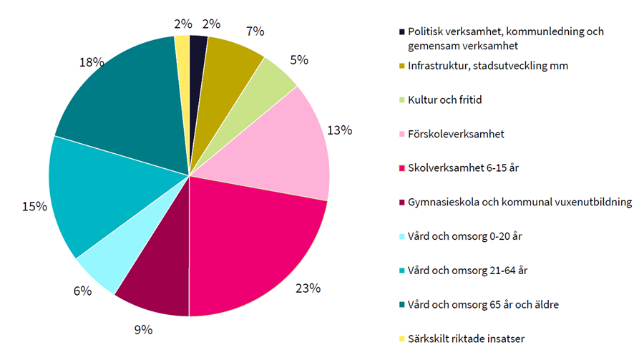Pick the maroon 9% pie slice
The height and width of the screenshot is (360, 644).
(x=157, y=279)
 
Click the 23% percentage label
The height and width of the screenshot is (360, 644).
(x=308, y=289)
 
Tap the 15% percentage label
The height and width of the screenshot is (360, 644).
(x=34, y=206)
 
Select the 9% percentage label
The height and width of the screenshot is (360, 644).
(x=143, y=330)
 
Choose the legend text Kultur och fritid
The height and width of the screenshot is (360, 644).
(x=444, y=99)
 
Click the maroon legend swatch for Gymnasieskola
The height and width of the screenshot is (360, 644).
(x=401, y=203)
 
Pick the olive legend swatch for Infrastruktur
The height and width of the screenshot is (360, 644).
(x=401, y=67)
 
